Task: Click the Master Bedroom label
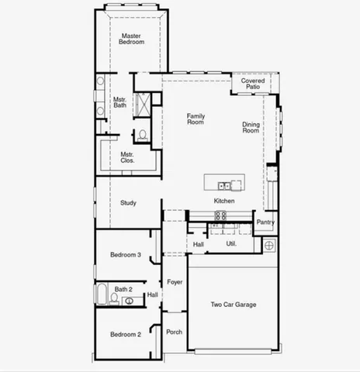tap(132, 39)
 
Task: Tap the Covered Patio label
tap(253, 84)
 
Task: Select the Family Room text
tap(196, 119)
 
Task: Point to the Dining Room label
tap(251, 128)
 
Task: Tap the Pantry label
tap(265, 222)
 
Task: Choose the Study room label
tap(129, 203)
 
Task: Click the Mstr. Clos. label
tap(127, 157)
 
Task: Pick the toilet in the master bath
tap(141, 136)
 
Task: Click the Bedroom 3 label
tap(125, 255)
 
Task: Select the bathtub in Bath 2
tap(102, 294)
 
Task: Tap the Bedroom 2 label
tap(125, 335)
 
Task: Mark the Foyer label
tap(175, 282)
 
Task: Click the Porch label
tap(175, 332)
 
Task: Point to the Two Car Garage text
tap(234, 305)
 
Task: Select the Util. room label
tap(231, 244)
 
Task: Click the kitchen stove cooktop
tap(220, 215)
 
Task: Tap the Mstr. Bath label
tap(120, 102)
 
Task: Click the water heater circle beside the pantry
tap(269, 245)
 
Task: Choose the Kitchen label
tap(225, 201)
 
